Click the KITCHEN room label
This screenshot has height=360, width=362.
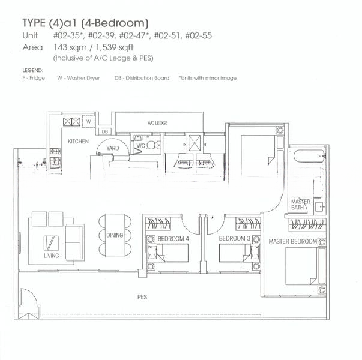pos(78,142)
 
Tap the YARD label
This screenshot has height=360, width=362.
pos(112,147)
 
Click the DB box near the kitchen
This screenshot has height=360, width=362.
pos(104,131)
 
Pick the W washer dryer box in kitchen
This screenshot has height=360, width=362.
pos(88,121)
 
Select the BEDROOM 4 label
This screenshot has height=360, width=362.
pos(172,239)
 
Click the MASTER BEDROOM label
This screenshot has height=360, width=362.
pos(292,241)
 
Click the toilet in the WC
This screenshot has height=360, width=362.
pos(154,143)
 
